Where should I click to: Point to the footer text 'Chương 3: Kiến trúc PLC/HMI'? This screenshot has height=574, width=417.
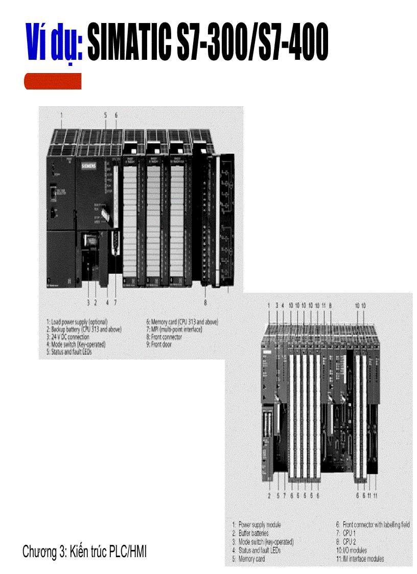click(x=85, y=552)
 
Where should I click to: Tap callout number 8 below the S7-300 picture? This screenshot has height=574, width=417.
click(x=205, y=302)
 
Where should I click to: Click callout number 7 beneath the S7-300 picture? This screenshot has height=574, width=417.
click(x=115, y=302)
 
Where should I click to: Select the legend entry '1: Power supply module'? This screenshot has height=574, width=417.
click(x=257, y=525)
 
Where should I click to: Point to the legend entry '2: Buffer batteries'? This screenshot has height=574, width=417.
click(x=253, y=533)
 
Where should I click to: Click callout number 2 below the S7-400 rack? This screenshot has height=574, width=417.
click(x=269, y=495)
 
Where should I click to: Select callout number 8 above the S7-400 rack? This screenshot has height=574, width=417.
click(x=331, y=305)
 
